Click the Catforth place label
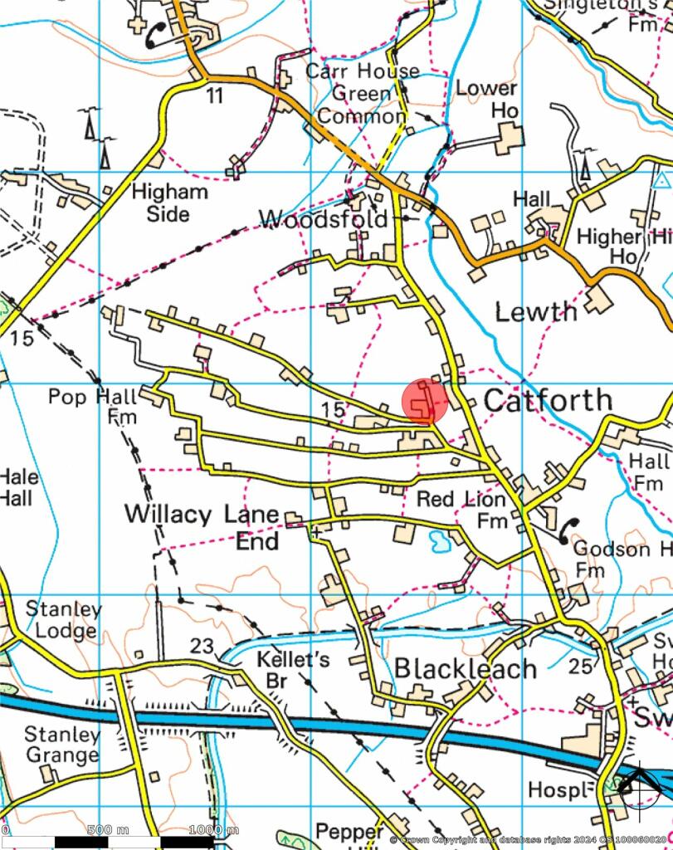[548, 400]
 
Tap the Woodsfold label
[324, 220]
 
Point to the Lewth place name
[536, 312]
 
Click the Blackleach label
[466, 669]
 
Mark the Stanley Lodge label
[63, 619]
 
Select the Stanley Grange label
[61, 745]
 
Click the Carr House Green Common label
[362, 93]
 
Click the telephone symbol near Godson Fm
[568, 529]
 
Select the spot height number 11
[215, 96]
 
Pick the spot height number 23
[202, 646]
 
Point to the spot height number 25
[581, 665]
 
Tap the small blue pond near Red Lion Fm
[438, 542]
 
